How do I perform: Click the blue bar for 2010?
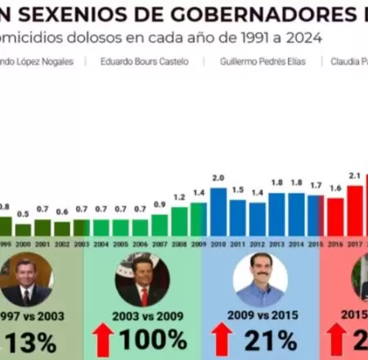tap(218, 212)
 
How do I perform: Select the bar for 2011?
tap(237, 218)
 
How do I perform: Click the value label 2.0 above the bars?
tap(218, 178)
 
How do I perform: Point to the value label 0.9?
tap(159, 205)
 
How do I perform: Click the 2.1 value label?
tap(354, 176)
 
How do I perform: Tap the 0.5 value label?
tap(24, 214)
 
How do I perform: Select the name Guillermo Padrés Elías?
tap(258, 61)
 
